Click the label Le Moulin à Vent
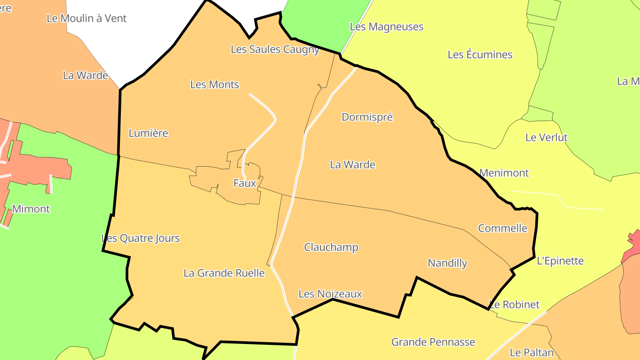pos(87,18)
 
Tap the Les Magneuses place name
pos(387,27)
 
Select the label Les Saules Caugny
pos(275,49)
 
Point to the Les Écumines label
pos(480,55)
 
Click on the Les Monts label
pos(215,84)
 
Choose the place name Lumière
pos(148,133)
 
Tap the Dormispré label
pos(367,117)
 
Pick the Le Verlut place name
pos(546,137)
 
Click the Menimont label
pos(504,173)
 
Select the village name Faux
pos(244,183)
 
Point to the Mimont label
pos(31,209)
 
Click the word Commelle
pos(503,228)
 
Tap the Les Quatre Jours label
pos(141,238)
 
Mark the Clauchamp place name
pos(331,247)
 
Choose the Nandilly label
pos(448,263)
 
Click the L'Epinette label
pos(560,261)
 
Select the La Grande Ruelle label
pos(224,273)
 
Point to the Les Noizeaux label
pos(330,294)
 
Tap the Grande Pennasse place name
pos(433,342)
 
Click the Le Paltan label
pos(532,353)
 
